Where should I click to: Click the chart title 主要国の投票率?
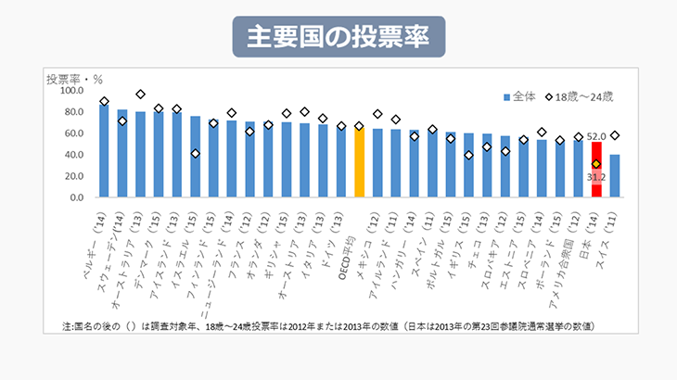[338, 37]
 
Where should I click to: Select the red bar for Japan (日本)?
[596, 170]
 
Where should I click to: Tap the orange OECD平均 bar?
[359, 162]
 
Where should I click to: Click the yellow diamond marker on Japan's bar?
[596, 164]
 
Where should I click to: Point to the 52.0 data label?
[596, 136]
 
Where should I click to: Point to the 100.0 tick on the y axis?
[70, 91]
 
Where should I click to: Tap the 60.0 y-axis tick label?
[73, 133]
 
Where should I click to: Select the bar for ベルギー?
[104, 150]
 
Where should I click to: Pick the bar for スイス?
[615, 175]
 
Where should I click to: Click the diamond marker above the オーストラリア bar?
[141, 95]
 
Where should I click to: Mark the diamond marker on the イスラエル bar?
[196, 154]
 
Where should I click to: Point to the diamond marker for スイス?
[615, 136]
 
